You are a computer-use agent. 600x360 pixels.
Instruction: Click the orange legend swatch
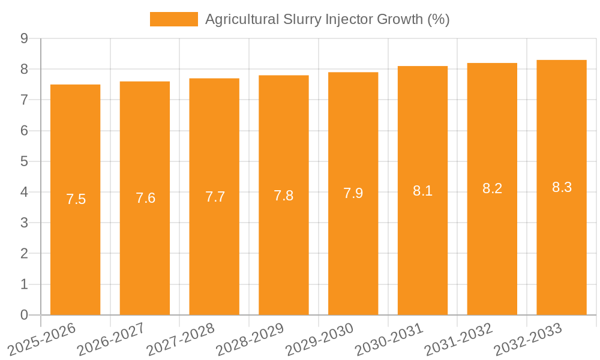173,19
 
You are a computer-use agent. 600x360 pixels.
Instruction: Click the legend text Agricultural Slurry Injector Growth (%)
327,19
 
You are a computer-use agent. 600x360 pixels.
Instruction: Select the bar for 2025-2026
76,200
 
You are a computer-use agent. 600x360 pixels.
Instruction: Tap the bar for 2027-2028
214,197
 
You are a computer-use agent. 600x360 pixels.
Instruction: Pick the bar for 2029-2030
353,194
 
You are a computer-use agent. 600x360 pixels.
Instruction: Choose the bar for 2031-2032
492,189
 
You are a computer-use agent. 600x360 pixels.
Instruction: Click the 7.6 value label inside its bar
145,198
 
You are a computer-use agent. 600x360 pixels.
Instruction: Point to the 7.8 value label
284,196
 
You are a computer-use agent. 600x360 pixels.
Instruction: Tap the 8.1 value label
422,191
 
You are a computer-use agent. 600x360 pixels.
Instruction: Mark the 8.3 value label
562,187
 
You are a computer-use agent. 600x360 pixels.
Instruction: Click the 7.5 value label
76,199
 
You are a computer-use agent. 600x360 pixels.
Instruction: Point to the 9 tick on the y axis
24,38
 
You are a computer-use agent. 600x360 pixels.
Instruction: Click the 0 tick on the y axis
24,315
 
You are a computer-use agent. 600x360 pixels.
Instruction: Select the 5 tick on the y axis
24,161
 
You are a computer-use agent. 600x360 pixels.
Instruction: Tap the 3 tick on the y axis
24,223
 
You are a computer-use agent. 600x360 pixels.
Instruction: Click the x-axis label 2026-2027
111,338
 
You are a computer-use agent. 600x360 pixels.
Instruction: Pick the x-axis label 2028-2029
250,338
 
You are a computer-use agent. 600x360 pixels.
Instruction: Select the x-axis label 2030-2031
389,338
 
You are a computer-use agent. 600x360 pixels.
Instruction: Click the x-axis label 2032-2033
527,338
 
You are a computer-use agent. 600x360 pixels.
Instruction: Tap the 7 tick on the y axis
24,100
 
